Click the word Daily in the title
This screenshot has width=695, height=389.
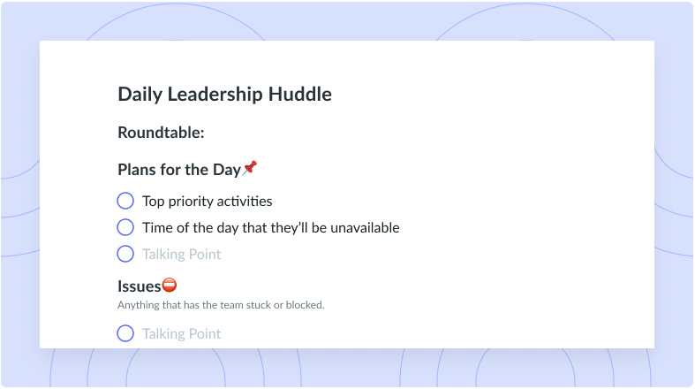click(x=140, y=95)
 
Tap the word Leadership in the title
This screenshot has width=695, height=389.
click(x=215, y=95)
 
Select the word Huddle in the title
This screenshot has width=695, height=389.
click(x=300, y=94)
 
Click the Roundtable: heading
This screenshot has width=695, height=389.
click(x=161, y=133)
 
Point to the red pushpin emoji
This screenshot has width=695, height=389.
click(x=250, y=168)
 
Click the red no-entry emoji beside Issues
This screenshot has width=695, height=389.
click(x=170, y=285)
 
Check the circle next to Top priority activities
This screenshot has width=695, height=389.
click(x=125, y=201)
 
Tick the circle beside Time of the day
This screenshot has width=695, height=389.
click(x=125, y=227)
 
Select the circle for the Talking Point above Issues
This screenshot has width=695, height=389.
click(x=125, y=254)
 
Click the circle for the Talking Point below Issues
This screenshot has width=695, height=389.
click(x=125, y=333)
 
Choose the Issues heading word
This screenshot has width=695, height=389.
click(x=140, y=286)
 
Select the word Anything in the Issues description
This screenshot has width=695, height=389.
click(x=134, y=306)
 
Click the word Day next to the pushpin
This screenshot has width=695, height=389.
click(x=227, y=170)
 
